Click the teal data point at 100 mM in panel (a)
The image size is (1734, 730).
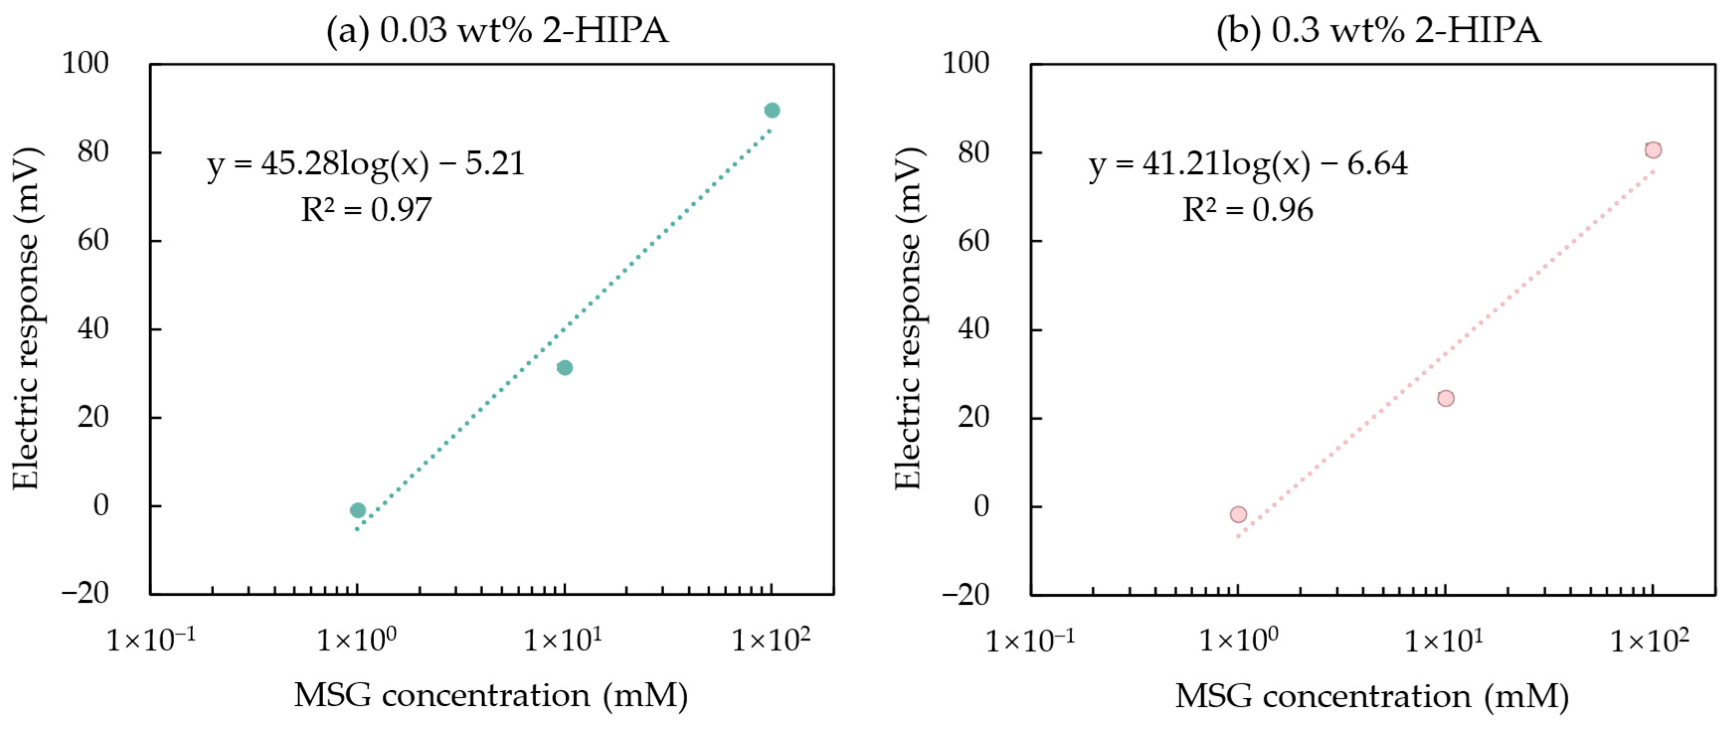tap(772, 110)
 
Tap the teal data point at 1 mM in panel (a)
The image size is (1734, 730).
tap(357, 511)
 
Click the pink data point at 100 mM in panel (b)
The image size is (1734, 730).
tap(1653, 150)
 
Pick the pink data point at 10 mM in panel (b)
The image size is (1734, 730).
tap(1445, 399)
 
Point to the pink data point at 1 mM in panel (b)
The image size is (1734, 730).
tap(1238, 515)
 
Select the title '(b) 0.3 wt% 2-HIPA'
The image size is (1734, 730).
tap(1379, 31)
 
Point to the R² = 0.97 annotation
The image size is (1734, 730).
tap(365, 210)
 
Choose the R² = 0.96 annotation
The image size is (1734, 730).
tap(1247, 210)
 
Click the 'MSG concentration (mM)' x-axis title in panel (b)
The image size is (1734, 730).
tap(1372, 696)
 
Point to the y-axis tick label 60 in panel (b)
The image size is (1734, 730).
tap(973, 241)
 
